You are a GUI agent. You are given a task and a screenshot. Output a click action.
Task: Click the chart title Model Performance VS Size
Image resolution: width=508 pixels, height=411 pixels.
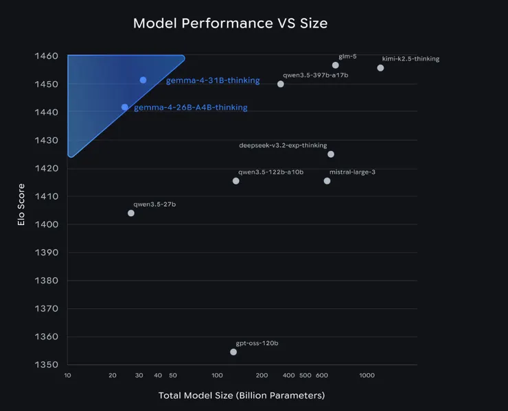tap(230, 23)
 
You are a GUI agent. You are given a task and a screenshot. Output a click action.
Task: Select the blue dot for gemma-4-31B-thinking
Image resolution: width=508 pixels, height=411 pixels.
tap(143, 80)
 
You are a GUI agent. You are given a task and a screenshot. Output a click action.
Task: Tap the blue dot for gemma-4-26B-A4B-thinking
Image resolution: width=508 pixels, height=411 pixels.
tap(125, 107)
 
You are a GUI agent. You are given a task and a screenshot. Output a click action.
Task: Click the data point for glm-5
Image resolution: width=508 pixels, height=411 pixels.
tap(336, 65)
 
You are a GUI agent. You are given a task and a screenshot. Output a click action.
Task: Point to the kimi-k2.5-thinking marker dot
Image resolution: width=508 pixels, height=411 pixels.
tap(380, 68)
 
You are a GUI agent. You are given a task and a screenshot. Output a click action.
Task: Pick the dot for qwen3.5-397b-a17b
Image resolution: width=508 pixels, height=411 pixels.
tap(281, 84)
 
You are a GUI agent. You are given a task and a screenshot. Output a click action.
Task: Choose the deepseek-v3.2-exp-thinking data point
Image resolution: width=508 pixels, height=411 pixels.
tap(331, 154)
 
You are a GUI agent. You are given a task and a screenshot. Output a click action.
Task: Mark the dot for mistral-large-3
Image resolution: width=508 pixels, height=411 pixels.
tap(327, 181)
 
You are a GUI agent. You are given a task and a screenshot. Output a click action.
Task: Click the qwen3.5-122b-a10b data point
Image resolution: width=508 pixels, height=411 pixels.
tap(236, 181)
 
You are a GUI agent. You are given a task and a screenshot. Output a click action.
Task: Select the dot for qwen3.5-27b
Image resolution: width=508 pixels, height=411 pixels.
tap(131, 213)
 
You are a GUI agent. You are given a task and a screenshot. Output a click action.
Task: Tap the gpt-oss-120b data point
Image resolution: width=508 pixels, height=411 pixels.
tap(233, 352)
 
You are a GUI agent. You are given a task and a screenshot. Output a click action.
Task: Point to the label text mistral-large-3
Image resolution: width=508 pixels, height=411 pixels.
tap(352, 172)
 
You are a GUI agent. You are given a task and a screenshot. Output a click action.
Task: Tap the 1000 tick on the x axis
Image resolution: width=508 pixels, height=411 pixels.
tap(367, 375)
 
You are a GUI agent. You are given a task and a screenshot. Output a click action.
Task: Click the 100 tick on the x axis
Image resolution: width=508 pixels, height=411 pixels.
tap(217, 375)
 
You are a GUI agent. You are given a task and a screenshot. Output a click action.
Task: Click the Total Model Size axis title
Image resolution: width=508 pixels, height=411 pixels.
tap(241, 396)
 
